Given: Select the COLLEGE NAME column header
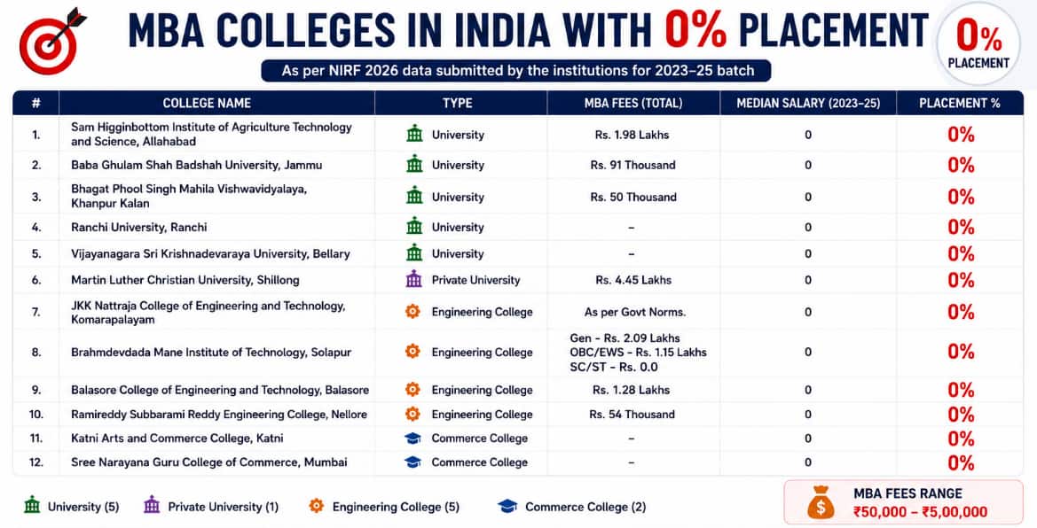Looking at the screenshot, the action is pyautogui.click(x=207, y=103).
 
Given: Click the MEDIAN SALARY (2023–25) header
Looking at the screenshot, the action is pyautogui.click(x=808, y=103).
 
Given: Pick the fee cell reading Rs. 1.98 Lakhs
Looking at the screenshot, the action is pyautogui.click(x=632, y=135).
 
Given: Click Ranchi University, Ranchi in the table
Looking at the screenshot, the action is pyautogui.click(x=139, y=228).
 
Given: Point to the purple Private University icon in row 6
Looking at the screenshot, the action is pyautogui.click(x=414, y=280).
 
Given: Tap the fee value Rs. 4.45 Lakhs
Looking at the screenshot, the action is pyautogui.click(x=632, y=280).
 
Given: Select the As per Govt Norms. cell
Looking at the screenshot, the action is pyautogui.click(x=635, y=312).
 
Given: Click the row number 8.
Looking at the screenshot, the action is pyautogui.click(x=36, y=353).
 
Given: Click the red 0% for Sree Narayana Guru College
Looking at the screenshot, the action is pyautogui.click(x=961, y=462).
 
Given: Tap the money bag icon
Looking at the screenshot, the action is pyautogui.click(x=820, y=502).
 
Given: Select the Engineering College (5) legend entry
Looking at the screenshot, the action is pyautogui.click(x=383, y=507).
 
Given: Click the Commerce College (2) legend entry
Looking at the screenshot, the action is pyautogui.click(x=571, y=507).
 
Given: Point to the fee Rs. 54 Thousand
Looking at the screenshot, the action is pyautogui.click(x=632, y=415).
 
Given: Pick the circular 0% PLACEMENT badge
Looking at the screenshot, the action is pyautogui.click(x=978, y=43).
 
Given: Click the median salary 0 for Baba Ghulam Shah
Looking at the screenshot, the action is pyautogui.click(x=808, y=165).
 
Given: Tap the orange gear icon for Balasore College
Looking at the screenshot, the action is pyautogui.click(x=412, y=390).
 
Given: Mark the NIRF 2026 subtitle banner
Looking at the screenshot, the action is pyautogui.click(x=516, y=71).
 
